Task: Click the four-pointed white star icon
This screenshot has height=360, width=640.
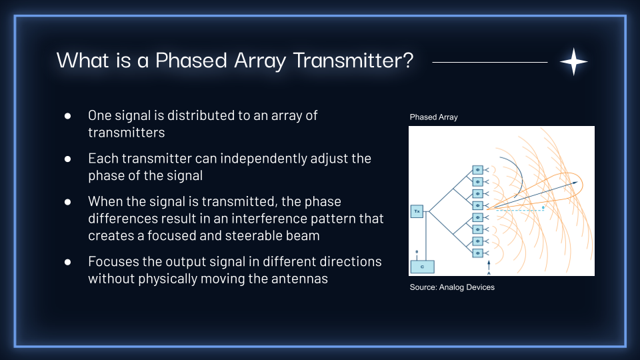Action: [573, 61]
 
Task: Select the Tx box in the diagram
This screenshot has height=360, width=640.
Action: [417, 212]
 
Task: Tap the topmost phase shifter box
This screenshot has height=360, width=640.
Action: [477, 169]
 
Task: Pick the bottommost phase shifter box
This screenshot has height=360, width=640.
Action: [477, 253]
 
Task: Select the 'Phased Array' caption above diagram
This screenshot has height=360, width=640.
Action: [433, 117]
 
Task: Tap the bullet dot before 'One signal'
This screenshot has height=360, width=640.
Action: [68, 116]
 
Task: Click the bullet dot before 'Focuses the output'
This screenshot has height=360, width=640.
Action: [68, 262]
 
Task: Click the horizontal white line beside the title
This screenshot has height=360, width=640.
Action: [489, 62]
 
